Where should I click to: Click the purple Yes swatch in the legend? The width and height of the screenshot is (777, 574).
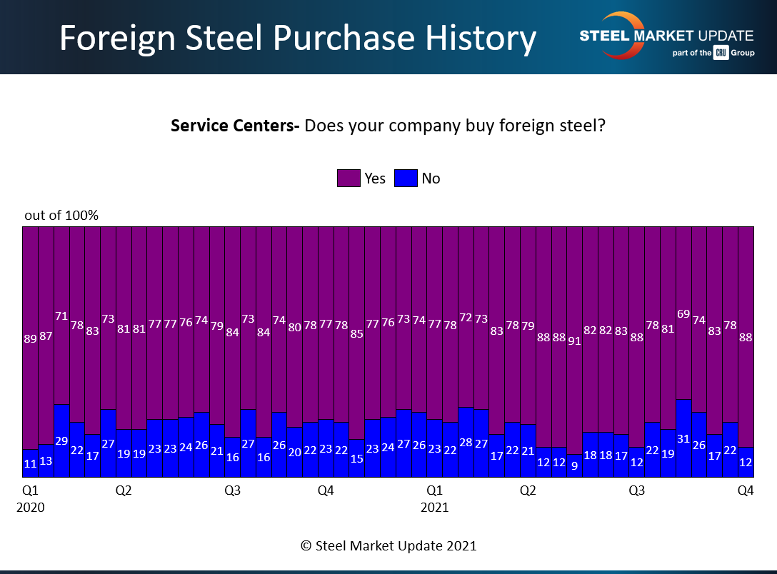pyautogui.click(x=349, y=178)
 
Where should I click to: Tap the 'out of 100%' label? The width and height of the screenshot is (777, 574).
pyautogui.click(x=61, y=215)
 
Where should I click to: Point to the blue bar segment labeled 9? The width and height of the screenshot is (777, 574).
pyautogui.click(x=574, y=465)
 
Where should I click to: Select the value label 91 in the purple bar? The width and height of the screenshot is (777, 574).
pyautogui.click(x=574, y=341)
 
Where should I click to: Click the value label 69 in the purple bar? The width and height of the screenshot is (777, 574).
pyautogui.click(x=683, y=314)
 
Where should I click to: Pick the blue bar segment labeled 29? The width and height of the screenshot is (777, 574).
pyautogui.click(x=61, y=440)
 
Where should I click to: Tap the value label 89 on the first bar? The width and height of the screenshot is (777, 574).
pyautogui.click(x=30, y=339)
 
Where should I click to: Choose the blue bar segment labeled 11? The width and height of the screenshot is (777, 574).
pyautogui.click(x=30, y=463)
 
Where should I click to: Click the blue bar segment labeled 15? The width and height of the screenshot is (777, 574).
pyautogui.click(x=356, y=458)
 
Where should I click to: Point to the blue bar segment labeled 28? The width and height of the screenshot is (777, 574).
pyautogui.click(x=466, y=442)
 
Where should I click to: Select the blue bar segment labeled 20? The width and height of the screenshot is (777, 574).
pyautogui.click(x=294, y=452)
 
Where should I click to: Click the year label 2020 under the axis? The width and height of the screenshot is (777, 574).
pyautogui.click(x=30, y=508)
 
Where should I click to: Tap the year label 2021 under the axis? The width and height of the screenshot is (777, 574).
pyautogui.click(x=434, y=508)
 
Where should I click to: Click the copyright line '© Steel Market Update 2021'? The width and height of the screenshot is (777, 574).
pyautogui.click(x=388, y=545)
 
